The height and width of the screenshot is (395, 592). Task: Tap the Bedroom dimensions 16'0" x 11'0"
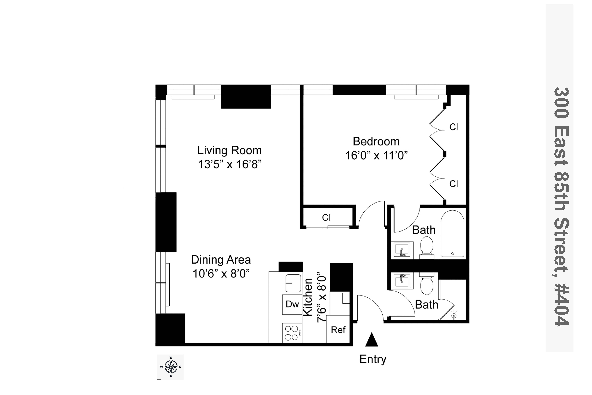coord(376,155)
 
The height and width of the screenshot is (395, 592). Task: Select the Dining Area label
coord(221,260)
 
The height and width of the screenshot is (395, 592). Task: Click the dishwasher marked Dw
coord(292,304)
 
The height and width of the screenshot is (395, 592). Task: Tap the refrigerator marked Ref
coord(338,330)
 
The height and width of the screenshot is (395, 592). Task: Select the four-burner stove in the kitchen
coord(292,333)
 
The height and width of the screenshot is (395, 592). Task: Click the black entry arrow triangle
coord(372,340)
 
